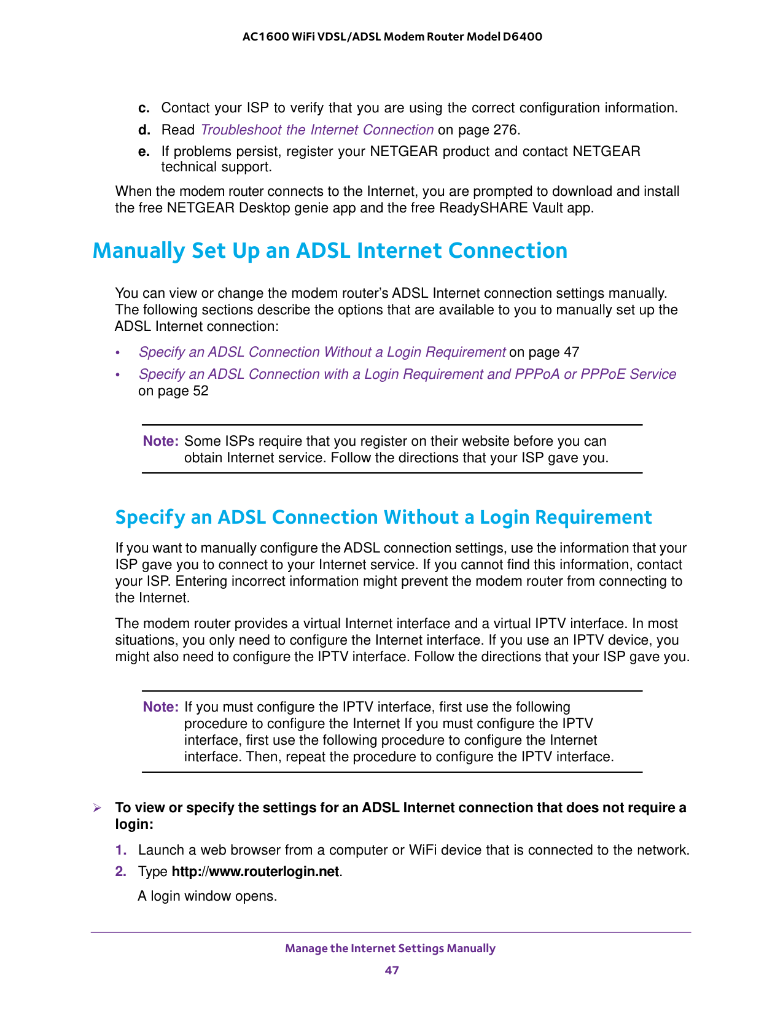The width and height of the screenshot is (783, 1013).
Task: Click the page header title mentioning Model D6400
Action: click(392, 37)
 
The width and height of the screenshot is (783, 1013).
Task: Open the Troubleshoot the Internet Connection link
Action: click(317, 130)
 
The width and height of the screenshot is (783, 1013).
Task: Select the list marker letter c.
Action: click(144, 109)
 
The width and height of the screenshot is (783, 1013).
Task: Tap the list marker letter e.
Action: click(144, 152)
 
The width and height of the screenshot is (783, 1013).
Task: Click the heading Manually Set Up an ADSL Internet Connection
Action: click(330, 251)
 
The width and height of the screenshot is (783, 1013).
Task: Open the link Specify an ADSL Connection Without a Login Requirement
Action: click(322, 352)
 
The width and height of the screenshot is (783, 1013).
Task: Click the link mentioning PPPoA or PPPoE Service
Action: click(407, 375)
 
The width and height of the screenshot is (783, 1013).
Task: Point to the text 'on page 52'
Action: click(173, 391)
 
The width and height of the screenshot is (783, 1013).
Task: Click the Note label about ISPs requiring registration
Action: click(160, 441)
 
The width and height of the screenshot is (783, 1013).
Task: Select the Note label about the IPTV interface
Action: click(160, 707)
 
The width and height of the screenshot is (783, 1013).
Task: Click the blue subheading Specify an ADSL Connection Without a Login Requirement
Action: click(383, 518)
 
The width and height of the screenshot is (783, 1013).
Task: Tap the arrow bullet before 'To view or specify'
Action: click(96, 808)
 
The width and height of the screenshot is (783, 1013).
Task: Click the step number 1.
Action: click(121, 850)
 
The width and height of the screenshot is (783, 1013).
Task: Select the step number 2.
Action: click(121, 872)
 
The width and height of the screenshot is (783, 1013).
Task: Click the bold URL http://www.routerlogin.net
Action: click(255, 872)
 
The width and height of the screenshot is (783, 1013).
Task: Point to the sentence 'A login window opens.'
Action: click(208, 896)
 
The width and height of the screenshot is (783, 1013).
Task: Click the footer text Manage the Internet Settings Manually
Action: click(391, 949)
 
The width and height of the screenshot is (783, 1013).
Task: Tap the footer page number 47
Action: click(392, 971)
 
